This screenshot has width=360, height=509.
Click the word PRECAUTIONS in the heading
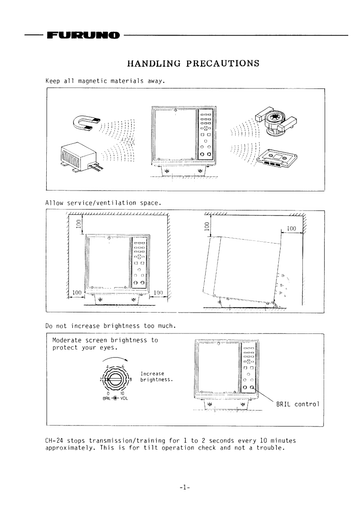coord(222,63)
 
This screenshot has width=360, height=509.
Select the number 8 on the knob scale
coord(131,379)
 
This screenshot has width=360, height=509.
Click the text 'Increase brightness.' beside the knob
coord(157,376)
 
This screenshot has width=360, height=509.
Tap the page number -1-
coord(184,487)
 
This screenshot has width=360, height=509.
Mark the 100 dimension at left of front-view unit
coord(77,292)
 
